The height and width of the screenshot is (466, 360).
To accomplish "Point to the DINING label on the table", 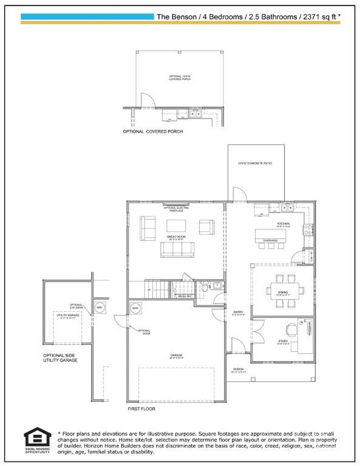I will (283, 292).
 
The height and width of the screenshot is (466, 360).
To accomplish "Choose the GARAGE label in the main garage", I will (177, 355).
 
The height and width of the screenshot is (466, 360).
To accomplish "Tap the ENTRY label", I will (238, 312).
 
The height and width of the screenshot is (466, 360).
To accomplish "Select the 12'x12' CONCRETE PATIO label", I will (256, 163).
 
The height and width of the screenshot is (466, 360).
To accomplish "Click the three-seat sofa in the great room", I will (175, 249).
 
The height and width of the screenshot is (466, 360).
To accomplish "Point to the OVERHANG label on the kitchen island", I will (270, 240).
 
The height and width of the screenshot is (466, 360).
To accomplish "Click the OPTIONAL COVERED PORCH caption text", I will (152, 131).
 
